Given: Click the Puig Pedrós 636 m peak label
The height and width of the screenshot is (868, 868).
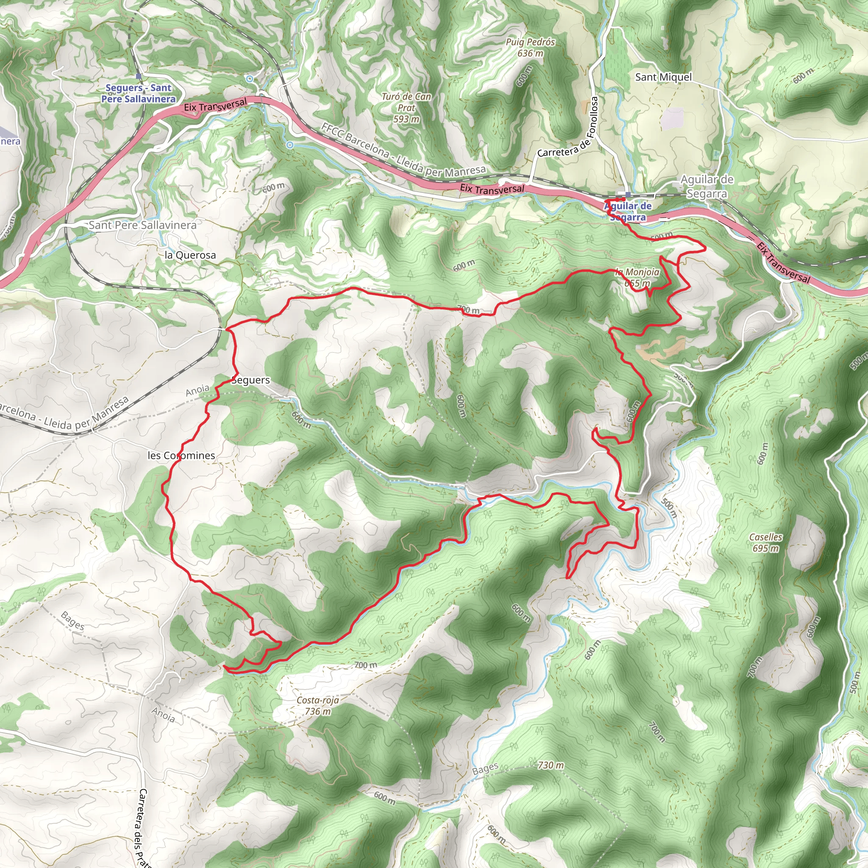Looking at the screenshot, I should click(530, 47).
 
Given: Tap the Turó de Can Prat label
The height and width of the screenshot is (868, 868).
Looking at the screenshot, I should click(406, 108).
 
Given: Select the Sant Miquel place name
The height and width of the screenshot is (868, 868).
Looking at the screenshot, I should click(663, 77).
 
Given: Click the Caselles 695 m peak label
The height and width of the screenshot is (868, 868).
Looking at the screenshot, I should click(765, 542).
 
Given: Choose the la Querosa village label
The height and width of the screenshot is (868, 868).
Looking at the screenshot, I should click(190, 255).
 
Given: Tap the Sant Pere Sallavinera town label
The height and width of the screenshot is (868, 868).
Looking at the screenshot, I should click(142, 225).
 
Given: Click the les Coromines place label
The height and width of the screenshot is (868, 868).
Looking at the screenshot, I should click(181, 456).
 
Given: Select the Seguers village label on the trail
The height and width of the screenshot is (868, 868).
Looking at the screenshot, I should click(251, 380).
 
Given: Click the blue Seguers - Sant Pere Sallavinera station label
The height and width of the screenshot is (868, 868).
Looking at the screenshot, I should click(138, 93).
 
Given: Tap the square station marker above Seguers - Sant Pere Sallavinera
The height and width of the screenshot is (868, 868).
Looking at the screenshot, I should click(139, 76).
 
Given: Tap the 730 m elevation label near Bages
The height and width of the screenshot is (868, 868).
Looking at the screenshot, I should click(551, 765).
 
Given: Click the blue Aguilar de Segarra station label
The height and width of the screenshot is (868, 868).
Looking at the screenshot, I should click(628, 211).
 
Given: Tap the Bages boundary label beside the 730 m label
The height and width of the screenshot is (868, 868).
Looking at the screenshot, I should click(485, 769).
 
